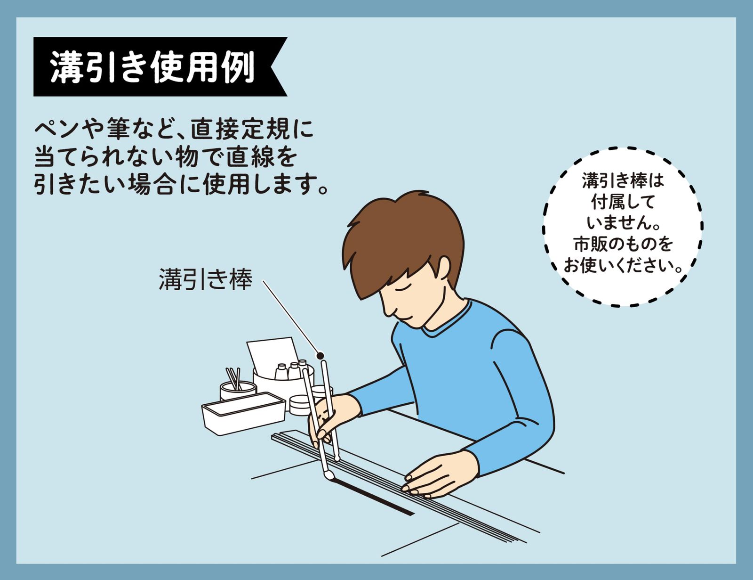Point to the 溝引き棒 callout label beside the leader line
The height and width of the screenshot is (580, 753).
pyautogui.click(x=206, y=279)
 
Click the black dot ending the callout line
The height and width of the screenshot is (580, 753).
pyautogui.click(x=320, y=356)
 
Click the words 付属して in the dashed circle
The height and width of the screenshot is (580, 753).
pyautogui.click(x=622, y=202)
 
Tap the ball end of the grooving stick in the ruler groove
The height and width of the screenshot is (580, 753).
pyautogui.click(x=337, y=458)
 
